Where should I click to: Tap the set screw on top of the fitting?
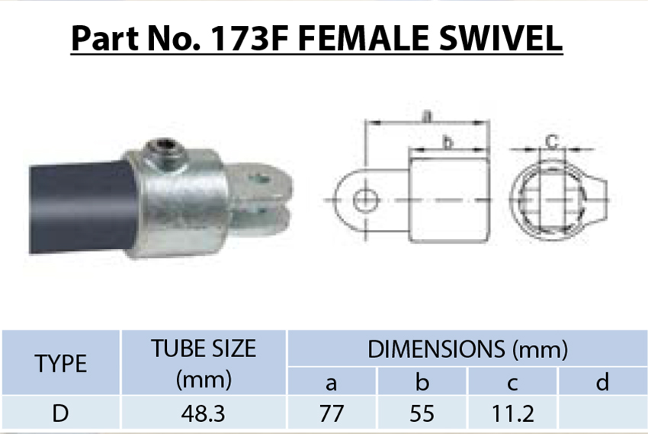click(164, 149)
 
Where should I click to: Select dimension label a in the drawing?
click(427, 116)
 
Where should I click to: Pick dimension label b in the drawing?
click(448, 142)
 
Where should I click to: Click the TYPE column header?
click(61, 363)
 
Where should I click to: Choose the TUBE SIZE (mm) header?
click(204, 363)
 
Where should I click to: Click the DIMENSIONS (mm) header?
click(467, 349)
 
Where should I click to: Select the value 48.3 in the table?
click(204, 413)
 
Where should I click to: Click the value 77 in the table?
click(332, 413)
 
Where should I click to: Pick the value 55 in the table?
click(422, 413)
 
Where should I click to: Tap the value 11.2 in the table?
click(512, 413)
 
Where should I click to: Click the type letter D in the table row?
click(61, 413)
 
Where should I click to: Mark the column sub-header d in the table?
click(602, 381)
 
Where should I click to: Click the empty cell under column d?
click(602, 413)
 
